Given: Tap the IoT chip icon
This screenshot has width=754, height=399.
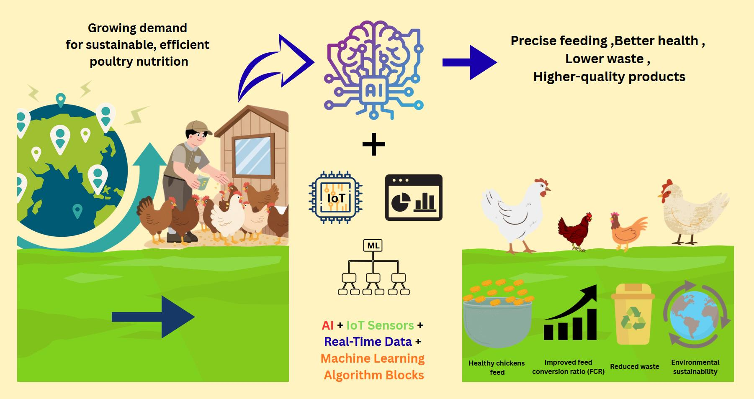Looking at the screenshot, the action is coord(335,197).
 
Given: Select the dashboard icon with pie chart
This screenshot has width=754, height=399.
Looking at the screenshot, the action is coord(414,197).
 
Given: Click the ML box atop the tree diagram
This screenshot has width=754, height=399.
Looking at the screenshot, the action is coord(373,246).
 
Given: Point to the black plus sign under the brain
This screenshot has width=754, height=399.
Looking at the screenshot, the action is coord(373,144).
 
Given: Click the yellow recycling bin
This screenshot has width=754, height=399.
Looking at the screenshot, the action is coord(632,314).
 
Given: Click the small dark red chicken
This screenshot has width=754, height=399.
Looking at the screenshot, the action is coord(576,231).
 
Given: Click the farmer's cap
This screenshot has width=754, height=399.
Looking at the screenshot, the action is coord(198,127).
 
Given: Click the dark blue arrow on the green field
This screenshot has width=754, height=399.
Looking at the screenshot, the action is coord(153,317).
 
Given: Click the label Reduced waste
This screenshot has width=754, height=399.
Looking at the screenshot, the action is coord(634,366).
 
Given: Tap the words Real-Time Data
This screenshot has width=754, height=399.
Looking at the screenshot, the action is coord(368,342).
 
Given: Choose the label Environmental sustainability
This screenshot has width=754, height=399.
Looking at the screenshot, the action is coord(695,367).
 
